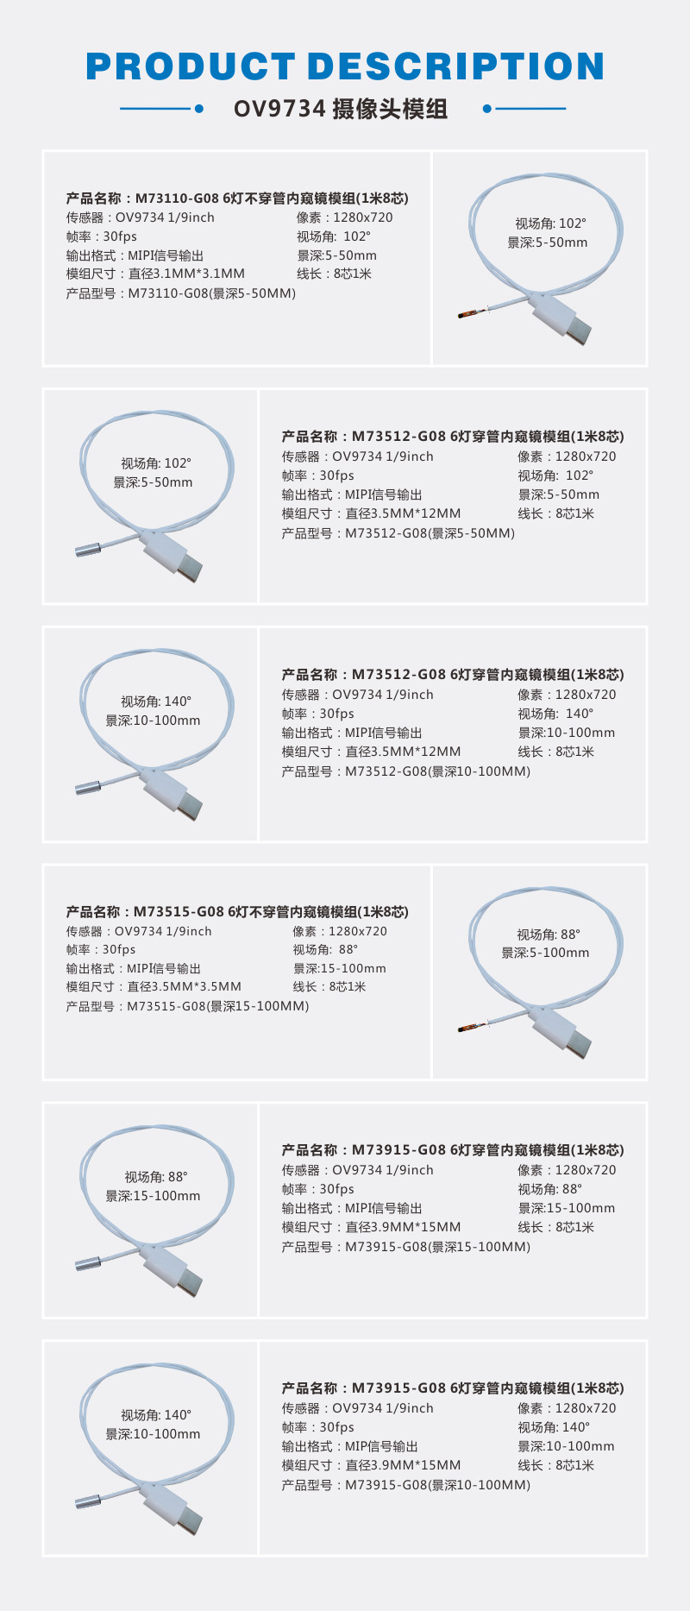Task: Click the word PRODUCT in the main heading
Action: pos(191,67)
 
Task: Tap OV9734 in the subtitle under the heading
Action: pos(279,110)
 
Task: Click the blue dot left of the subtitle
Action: pos(199,109)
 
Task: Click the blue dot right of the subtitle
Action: pos(487,109)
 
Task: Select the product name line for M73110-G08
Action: pos(237,198)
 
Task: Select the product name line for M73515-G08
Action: pos(237,912)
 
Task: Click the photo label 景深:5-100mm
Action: pos(545,953)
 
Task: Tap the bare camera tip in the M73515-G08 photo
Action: pos(470,1028)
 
